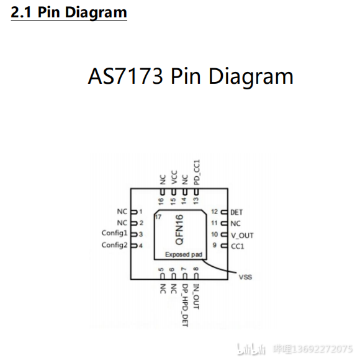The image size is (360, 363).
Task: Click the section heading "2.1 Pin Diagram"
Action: [x=69, y=12]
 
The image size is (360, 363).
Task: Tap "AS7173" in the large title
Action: [x=125, y=76]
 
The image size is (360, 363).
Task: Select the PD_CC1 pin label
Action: [x=197, y=172]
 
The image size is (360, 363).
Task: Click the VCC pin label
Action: [x=174, y=177]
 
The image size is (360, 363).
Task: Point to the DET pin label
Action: [x=236, y=212]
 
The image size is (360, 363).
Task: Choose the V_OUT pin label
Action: [x=242, y=235]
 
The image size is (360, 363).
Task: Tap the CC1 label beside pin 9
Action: [x=238, y=246]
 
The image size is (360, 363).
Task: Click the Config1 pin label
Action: [x=115, y=233]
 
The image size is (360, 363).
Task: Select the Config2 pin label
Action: [x=115, y=245]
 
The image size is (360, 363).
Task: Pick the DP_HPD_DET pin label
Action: [x=185, y=305]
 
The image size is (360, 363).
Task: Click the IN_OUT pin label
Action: [x=196, y=297]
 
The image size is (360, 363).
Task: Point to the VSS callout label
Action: [x=245, y=277]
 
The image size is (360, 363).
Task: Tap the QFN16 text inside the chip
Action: [x=179, y=230]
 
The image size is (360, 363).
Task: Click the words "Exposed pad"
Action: [x=184, y=254]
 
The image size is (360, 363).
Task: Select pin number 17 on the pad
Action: [x=158, y=217]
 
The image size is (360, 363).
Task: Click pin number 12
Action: [x=215, y=212]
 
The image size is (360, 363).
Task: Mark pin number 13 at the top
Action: [x=196, y=200]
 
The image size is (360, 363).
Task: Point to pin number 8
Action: [x=196, y=269]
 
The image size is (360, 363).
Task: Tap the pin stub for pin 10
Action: [x=224, y=235]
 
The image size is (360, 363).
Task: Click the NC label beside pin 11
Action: [x=235, y=223]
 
